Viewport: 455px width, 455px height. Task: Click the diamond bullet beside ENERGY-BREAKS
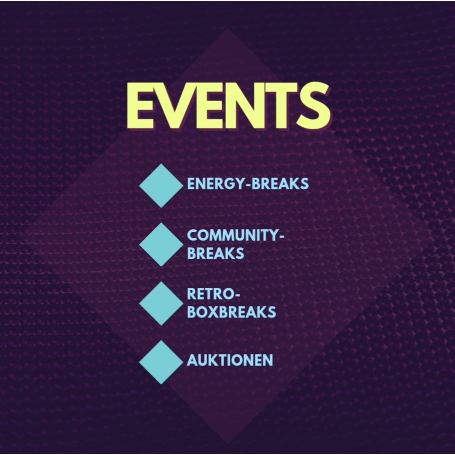point(161,185)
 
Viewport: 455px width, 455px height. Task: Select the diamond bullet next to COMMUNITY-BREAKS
point(161,244)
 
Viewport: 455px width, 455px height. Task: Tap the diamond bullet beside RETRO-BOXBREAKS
point(161,303)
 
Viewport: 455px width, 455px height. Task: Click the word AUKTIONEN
point(230,361)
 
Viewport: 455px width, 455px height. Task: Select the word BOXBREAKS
point(231,312)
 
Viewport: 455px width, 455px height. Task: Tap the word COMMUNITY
point(233,235)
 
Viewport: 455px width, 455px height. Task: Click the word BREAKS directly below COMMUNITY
point(215,254)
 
